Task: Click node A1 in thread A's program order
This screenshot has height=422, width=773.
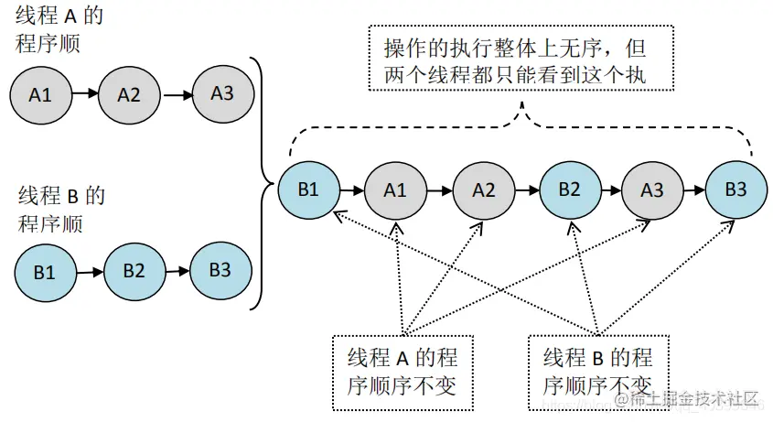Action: (40, 93)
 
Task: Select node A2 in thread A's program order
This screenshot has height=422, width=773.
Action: (129, 93)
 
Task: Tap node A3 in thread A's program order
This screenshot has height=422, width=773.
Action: (221, 92)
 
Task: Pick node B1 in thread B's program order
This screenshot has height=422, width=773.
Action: (44, 272)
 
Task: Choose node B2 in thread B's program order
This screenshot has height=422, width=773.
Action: (134, 270)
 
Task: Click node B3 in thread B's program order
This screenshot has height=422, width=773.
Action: (220, 269)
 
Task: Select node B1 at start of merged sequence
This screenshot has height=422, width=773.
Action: (307, 190)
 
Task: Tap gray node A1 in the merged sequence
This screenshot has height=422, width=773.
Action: (394, 190)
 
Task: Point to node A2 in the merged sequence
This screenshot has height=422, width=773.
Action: (483, 190)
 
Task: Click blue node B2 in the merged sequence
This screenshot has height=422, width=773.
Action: (569, 190)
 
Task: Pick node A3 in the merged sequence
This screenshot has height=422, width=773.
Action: (652, 190)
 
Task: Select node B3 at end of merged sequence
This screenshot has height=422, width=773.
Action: (735, 190)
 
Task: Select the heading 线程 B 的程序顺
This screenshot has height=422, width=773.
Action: (60, 210)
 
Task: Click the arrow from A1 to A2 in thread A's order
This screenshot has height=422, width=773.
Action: (84, 93)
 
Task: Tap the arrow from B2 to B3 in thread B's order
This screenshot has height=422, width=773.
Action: (177, 270)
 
